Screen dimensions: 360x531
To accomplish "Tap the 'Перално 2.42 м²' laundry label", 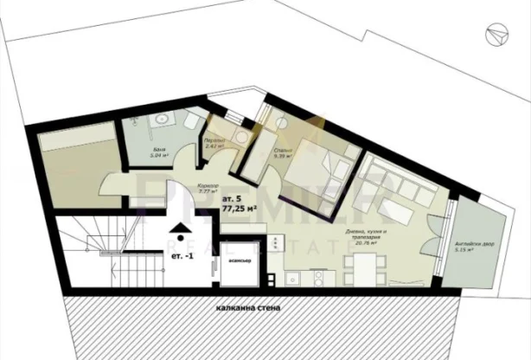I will (x=214, y=143).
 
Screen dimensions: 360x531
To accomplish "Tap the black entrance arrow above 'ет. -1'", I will (x=179, y=229).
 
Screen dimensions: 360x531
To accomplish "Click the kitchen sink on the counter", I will (x=295, y=277).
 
